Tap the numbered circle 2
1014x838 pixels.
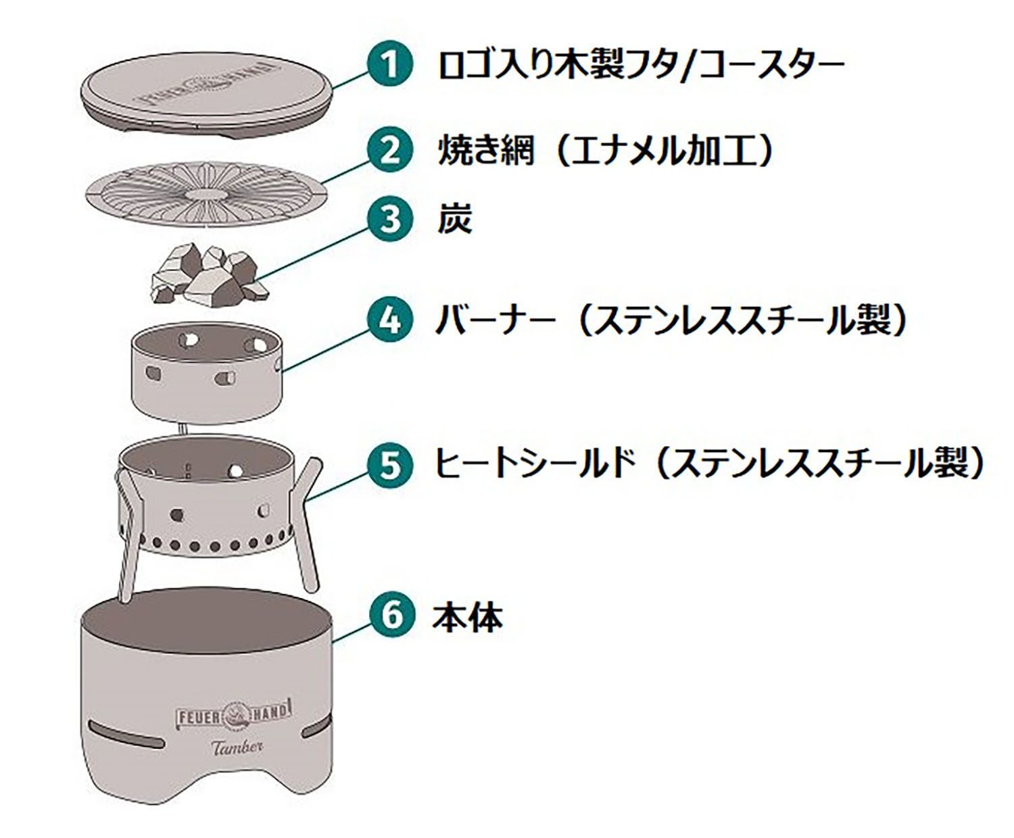pos(389,151)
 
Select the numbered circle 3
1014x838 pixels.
pos(389,221)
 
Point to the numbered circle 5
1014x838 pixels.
pos(389,465)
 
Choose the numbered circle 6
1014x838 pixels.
pos(389,616)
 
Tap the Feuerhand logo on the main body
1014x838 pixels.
pos(234,712)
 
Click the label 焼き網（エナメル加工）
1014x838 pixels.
pos(605,151)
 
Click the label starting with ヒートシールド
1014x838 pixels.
pos(710,465)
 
